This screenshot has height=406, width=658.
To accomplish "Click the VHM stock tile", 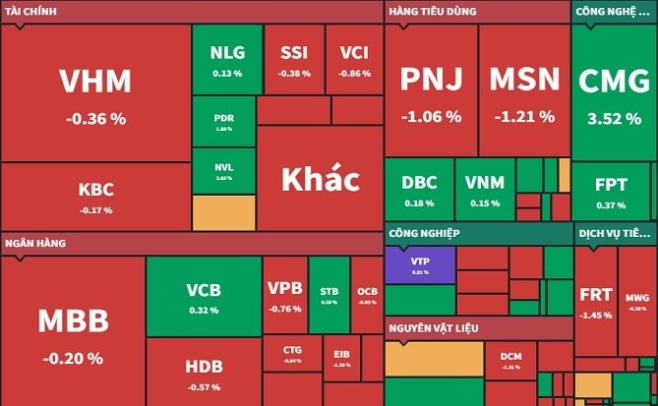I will pos(95,94).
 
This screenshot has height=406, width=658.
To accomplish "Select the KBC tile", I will pos(95,196).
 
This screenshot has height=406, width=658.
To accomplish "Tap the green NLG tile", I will pos(226,60).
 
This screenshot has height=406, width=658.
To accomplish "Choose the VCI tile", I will pos(354,60).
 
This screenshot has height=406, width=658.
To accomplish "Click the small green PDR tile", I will pos(223,121).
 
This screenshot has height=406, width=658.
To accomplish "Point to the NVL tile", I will pos(223,171).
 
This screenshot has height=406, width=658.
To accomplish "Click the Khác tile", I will pos(320,180).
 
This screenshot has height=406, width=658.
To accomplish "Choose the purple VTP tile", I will pos(420,264).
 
